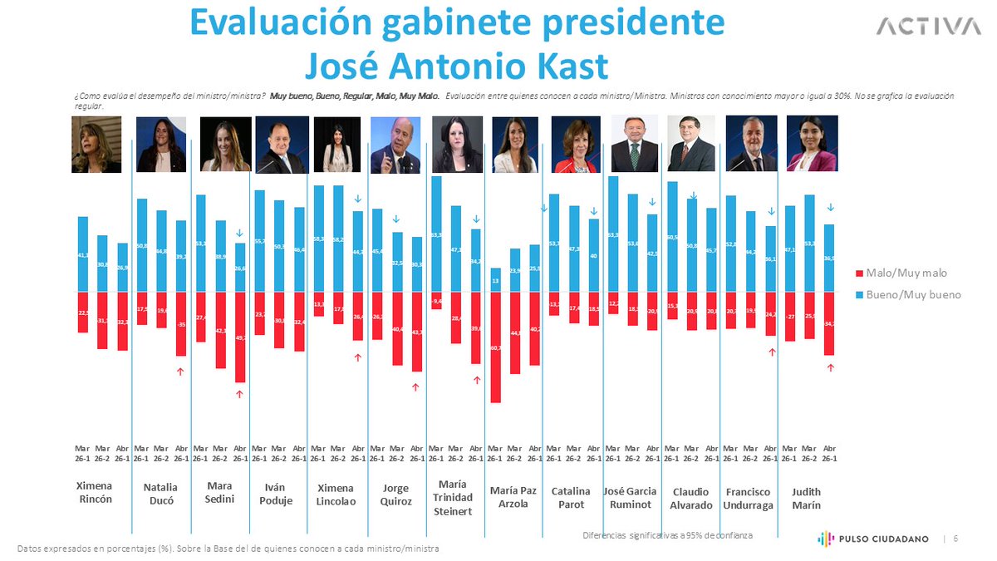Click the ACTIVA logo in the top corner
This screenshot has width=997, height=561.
(928, 27)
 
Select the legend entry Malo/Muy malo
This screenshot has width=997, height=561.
(902, 273)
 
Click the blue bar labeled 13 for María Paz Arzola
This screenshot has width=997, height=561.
(495, 280)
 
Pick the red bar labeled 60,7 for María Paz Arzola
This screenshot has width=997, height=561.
(495, 347)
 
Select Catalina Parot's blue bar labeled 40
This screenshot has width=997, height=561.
(593, 255)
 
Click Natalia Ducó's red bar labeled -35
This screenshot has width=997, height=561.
(180, 324)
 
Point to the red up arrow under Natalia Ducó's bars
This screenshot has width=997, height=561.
(180, 372)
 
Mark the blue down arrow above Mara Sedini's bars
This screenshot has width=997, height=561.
(239, 234)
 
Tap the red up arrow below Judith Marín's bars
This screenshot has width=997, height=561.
(829, 367)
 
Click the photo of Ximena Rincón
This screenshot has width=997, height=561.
(96, 144)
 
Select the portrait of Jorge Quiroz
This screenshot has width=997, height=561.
(395, 144)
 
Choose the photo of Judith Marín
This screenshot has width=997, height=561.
(812, 144)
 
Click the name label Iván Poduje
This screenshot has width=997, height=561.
(278, 495)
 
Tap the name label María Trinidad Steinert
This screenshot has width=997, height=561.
(452, 497)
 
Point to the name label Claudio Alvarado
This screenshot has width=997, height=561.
(691, 498)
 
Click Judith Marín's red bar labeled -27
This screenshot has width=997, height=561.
(790, 317)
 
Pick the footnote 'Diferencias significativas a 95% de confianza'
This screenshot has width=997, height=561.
(667, 535)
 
